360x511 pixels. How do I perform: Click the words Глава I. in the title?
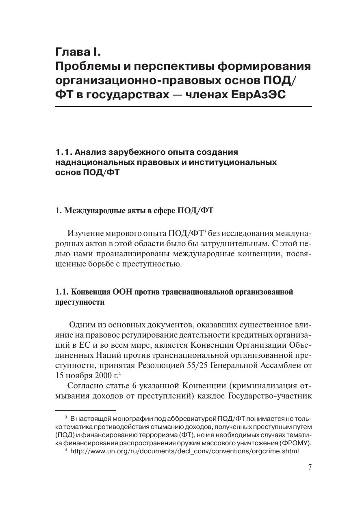click(x=78, y=52)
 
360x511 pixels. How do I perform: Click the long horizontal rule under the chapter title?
click(x=183, y=106)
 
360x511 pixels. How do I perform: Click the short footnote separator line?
click(x=86, y=411)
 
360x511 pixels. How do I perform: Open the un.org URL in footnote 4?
click(x=184, y=451)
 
